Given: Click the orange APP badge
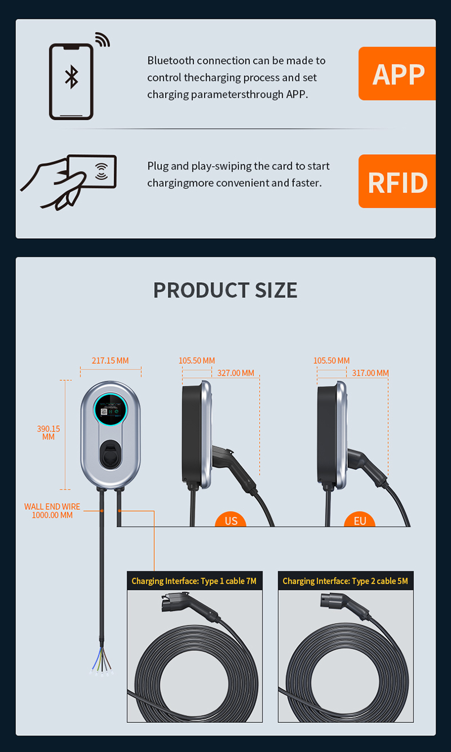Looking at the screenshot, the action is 397,74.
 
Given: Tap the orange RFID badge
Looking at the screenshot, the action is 397,181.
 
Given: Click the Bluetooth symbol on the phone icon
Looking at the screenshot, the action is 71,77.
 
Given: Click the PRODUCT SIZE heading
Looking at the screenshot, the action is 226,290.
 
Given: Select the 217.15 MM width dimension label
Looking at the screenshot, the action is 110,360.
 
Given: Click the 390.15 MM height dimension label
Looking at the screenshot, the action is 49,433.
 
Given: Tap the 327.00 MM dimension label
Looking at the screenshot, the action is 236,373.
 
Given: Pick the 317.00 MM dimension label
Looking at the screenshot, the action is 370,373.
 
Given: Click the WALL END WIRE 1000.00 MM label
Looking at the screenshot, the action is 52,510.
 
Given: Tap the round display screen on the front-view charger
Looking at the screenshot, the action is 110,409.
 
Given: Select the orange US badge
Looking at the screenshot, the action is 231,520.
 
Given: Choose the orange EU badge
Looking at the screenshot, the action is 360,520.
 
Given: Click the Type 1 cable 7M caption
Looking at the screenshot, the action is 194,581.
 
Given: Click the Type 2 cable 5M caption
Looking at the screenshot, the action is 345,581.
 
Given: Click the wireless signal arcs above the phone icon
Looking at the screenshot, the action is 103,39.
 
